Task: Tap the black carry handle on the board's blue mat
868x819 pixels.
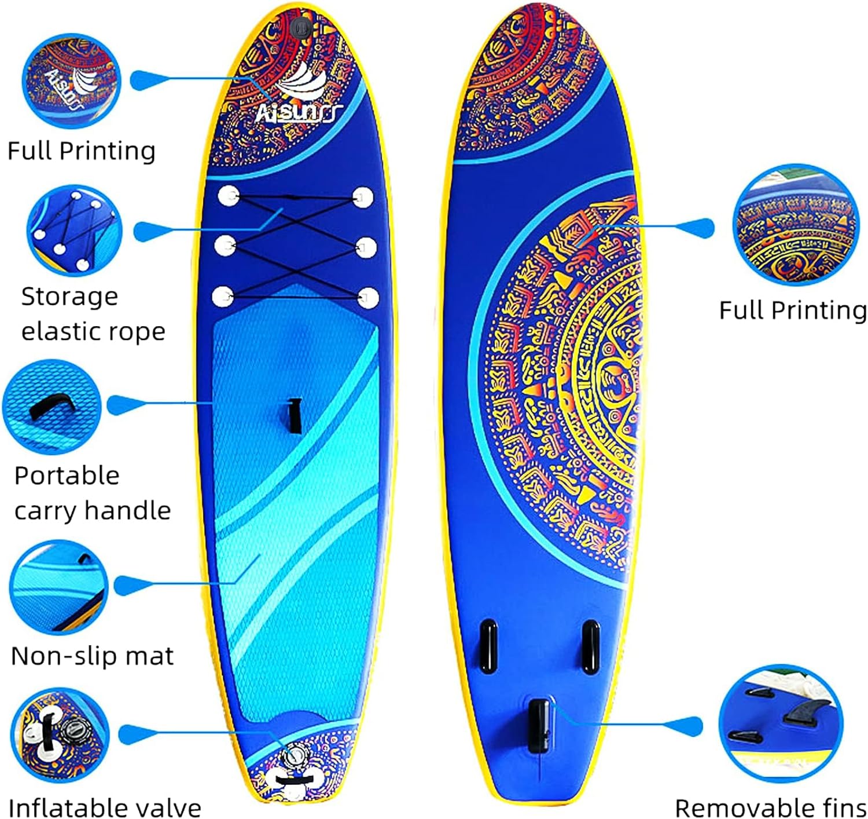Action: (295, 415)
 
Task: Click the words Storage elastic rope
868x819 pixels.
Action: (93, 313)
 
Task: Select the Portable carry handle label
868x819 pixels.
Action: (93, 493)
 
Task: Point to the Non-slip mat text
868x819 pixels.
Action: (92, 656)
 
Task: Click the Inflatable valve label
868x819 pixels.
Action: (105, 807)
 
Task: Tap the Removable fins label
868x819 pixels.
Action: (770, 807)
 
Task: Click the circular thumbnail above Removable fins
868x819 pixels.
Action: (780, 723)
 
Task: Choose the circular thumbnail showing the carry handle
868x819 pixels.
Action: (52, 407)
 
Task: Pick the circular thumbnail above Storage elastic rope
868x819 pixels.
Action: (75, 230)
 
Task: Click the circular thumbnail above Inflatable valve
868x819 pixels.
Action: (60, 734)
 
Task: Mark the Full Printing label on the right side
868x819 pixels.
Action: (792, 310)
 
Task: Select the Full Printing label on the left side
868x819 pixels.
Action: (81, 151)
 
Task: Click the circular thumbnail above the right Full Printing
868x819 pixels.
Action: (795, 224)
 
